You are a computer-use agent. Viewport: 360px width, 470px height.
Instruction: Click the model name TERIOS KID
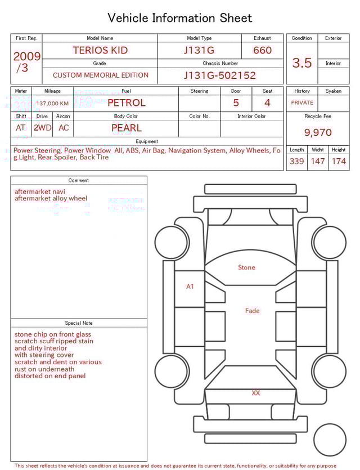coord(100,50)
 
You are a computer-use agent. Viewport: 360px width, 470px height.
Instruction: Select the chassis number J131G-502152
coord(220,75)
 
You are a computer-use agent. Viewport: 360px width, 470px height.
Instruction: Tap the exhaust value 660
coord(262,50)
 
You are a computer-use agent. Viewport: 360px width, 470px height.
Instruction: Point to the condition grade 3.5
coord(302,63)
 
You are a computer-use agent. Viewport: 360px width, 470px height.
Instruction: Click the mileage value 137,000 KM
coord(52,104)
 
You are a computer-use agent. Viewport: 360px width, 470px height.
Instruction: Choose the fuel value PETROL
coord(127,103)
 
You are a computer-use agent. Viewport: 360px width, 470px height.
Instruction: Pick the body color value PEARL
coord(127,128)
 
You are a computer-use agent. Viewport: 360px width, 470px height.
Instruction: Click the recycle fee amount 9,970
coord(318,133)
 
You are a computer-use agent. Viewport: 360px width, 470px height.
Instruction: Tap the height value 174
coord(339,162)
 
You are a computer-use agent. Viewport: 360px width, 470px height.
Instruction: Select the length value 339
coord(297,162)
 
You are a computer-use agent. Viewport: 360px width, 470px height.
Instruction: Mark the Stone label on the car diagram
coord(246,268)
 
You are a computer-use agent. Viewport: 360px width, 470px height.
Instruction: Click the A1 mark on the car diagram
coord(190,287)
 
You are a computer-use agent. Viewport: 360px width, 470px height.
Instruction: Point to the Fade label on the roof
coord(253,311)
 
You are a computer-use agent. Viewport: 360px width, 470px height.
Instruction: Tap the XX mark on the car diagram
coord(256,393)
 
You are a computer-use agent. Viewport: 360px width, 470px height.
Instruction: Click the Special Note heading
coord(79,323)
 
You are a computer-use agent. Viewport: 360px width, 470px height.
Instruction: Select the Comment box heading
coord(79,181)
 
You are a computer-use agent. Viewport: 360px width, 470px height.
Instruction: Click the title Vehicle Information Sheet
coord(180,18)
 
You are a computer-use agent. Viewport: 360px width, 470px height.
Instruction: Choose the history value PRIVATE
coord(302,103)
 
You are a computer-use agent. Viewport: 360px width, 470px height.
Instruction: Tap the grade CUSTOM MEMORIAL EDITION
coord(101,75)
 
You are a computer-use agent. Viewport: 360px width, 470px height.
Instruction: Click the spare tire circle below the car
coord(330,440)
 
